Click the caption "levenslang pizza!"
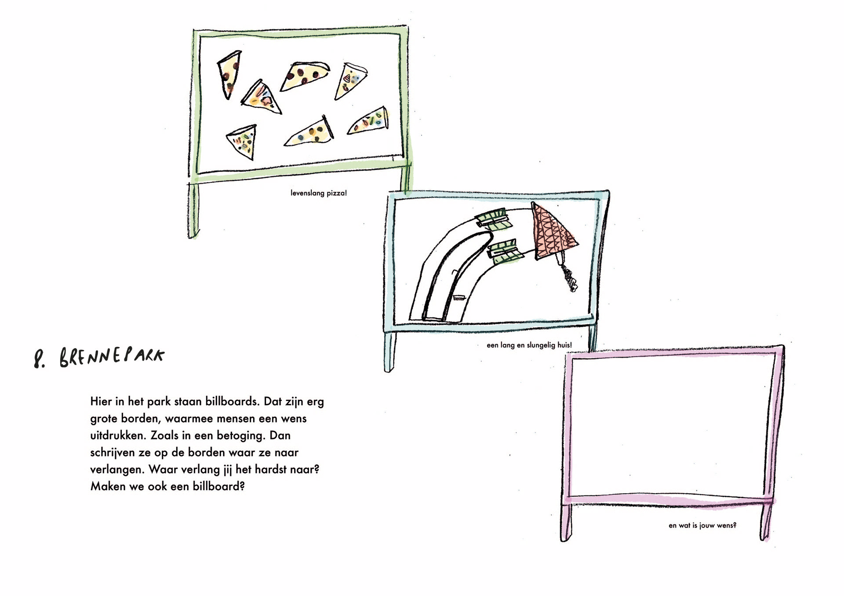319,193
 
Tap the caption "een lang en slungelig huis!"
529,345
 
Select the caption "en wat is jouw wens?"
702,525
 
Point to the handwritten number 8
40,359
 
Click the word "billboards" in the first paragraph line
232,401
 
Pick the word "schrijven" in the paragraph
112,453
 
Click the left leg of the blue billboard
389,351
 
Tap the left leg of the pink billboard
567,523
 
